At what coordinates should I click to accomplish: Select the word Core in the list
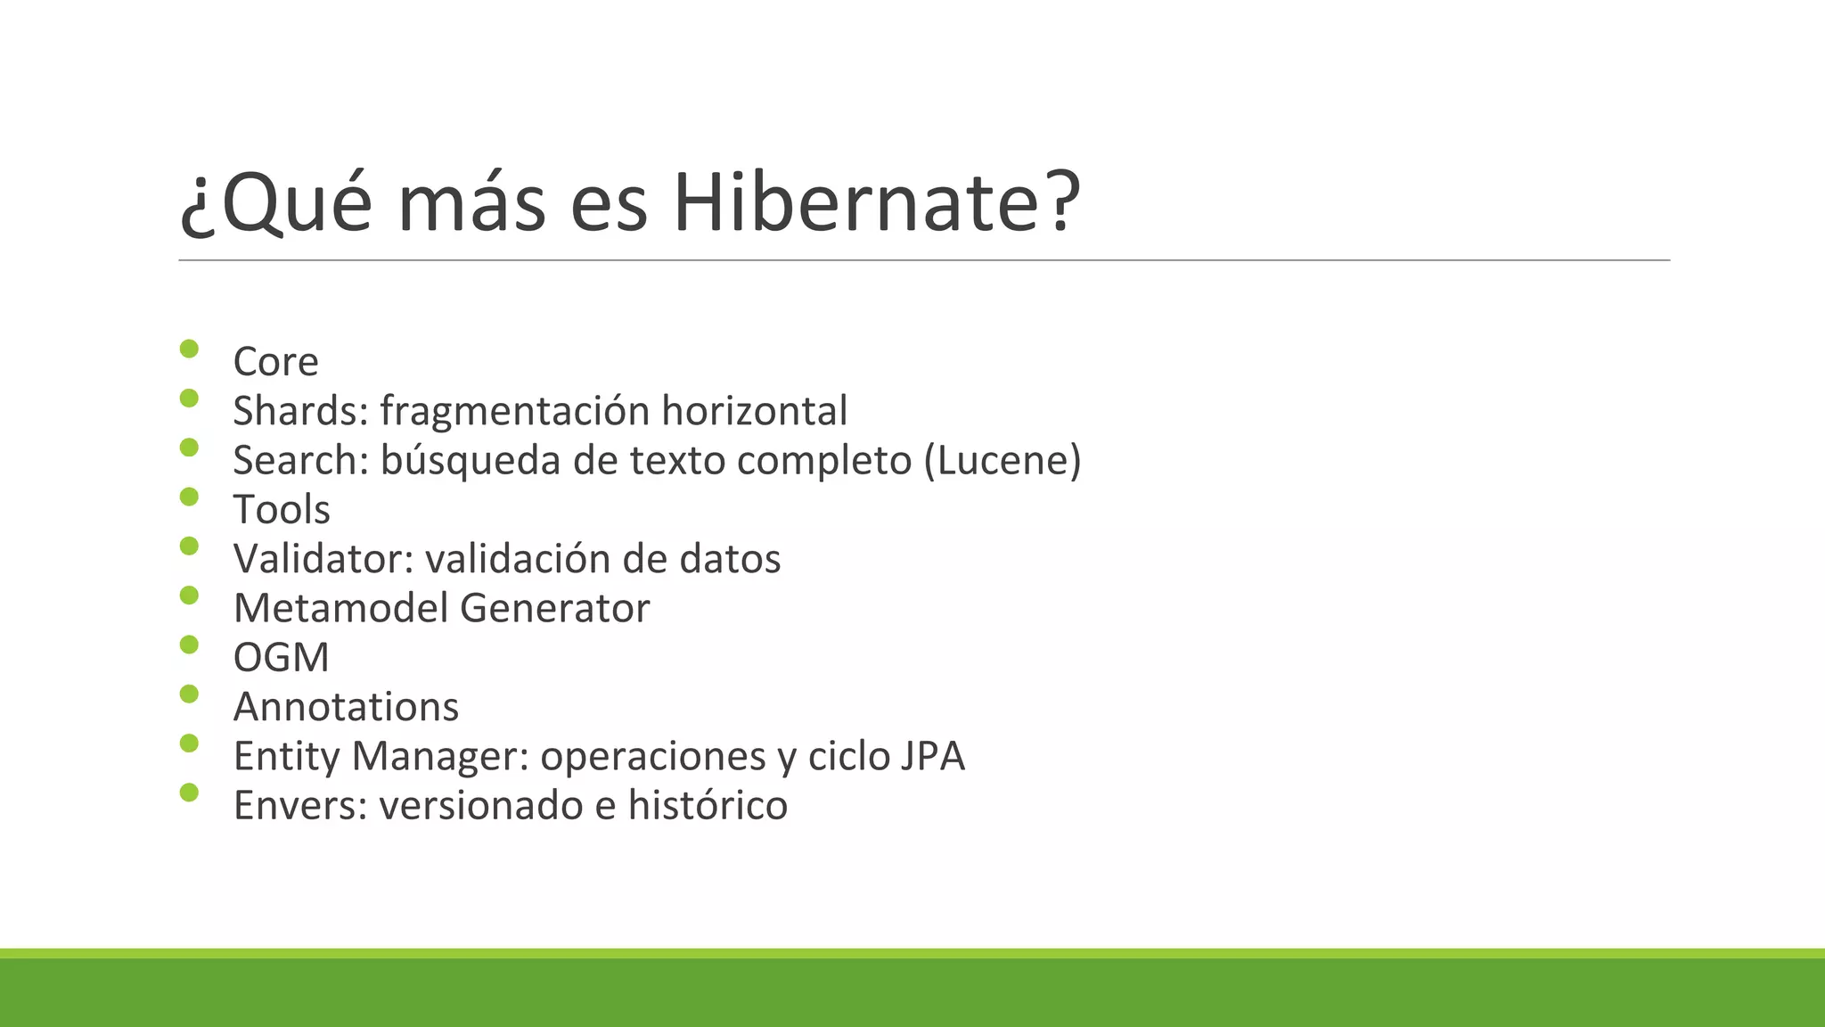tap(275, 362)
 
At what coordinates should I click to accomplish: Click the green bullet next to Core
tap(189, 349)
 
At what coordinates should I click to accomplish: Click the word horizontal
tap(754, 411)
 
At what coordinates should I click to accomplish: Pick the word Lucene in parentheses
tap(1003, 461)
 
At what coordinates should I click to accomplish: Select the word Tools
tap(282, 510)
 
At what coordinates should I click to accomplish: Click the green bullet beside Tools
tap(189, 497)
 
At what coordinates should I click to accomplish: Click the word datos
tap(730, 559)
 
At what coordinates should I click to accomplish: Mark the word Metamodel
tap(340, 608)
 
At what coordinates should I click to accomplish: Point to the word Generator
tap(554, 608)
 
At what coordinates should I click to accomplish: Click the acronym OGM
tap(281, 658)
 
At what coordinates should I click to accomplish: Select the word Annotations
tap(346, 707)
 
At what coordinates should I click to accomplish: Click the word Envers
tap(299, 805)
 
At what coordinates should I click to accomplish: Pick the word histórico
tap(708, 805)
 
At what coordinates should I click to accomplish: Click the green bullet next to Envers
tap(189, 792)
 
